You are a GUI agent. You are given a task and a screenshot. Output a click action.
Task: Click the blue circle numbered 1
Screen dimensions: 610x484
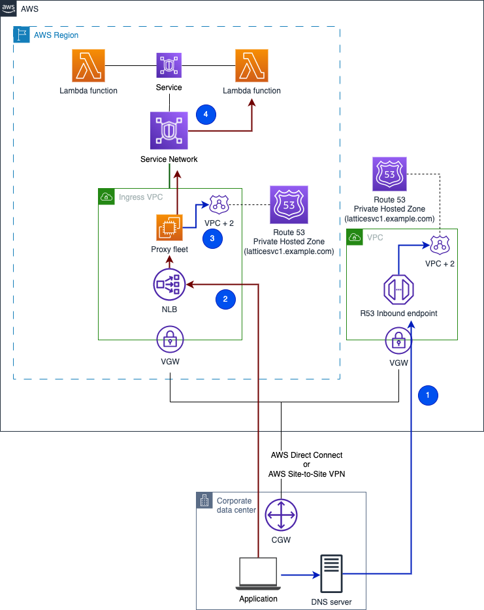(x=428, y=395)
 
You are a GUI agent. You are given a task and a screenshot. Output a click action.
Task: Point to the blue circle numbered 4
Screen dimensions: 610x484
(x=206, y=114)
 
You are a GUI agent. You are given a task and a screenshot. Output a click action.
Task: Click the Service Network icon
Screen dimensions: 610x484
(x=169, y=131)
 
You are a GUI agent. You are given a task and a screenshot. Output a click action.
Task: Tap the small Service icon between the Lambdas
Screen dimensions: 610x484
(x=169, y=66)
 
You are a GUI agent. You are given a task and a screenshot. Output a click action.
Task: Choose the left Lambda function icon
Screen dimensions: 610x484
(x=88, y=66)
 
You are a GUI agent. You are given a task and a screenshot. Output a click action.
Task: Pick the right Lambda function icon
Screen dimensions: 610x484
(x=251, y=66)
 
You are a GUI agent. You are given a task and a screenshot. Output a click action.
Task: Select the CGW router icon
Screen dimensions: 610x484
(x=282, y=517)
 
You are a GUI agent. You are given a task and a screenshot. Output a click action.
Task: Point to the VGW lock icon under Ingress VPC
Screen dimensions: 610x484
(x=170, y=340)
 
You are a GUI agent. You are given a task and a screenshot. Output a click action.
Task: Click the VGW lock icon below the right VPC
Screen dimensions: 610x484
(x=398, y=340)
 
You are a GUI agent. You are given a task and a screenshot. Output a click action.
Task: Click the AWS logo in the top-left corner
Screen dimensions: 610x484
(x=8, y=9)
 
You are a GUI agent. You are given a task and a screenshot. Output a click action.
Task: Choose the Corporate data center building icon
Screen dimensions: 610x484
(x=205, y=501)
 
